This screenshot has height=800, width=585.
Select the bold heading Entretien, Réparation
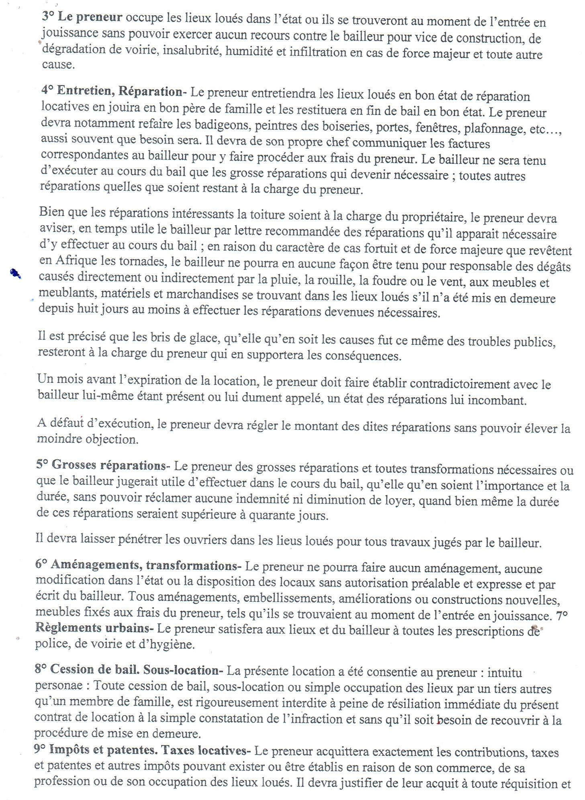[119, 92]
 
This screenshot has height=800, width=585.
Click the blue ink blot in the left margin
[16, 273]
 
